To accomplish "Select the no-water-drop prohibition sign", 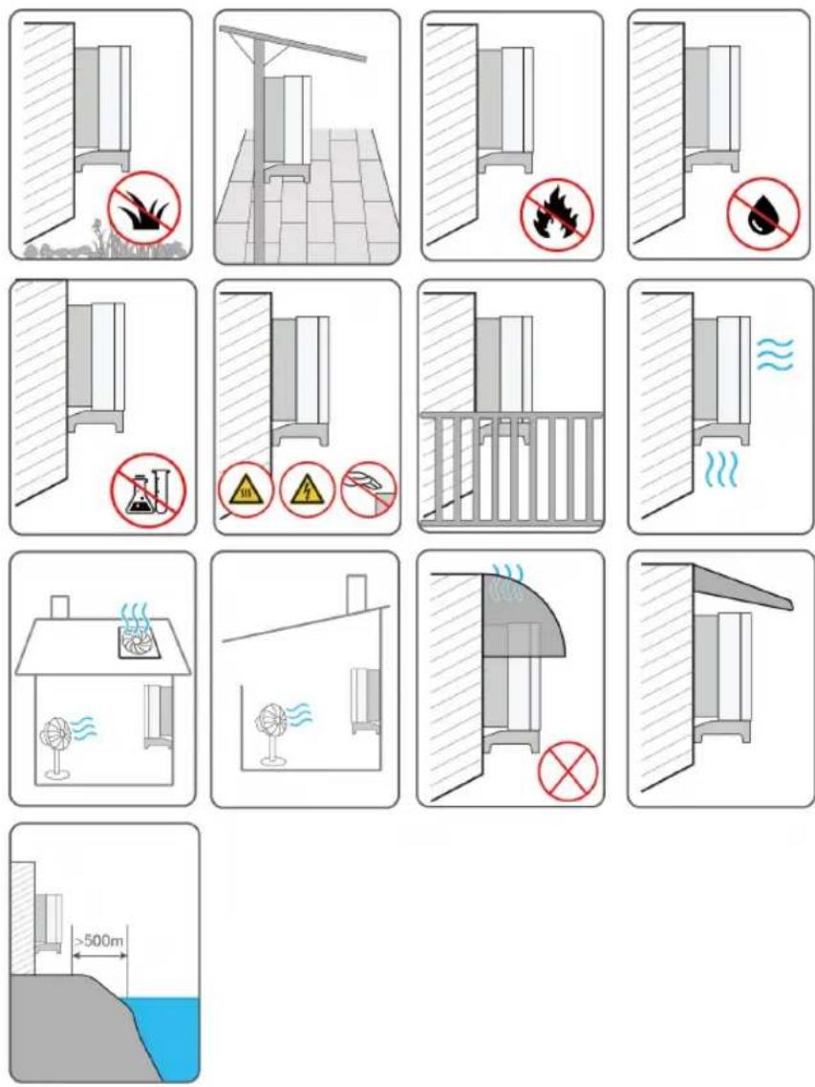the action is [763, 213].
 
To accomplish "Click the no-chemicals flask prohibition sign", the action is [148, 490].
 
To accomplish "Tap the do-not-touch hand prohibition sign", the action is [370, 489].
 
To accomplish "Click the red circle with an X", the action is [568, 772].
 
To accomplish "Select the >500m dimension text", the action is [99, 941].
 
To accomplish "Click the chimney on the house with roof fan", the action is [59, 607].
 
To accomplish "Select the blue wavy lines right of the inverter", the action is [774, 354].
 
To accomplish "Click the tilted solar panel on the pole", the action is [291, 42].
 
